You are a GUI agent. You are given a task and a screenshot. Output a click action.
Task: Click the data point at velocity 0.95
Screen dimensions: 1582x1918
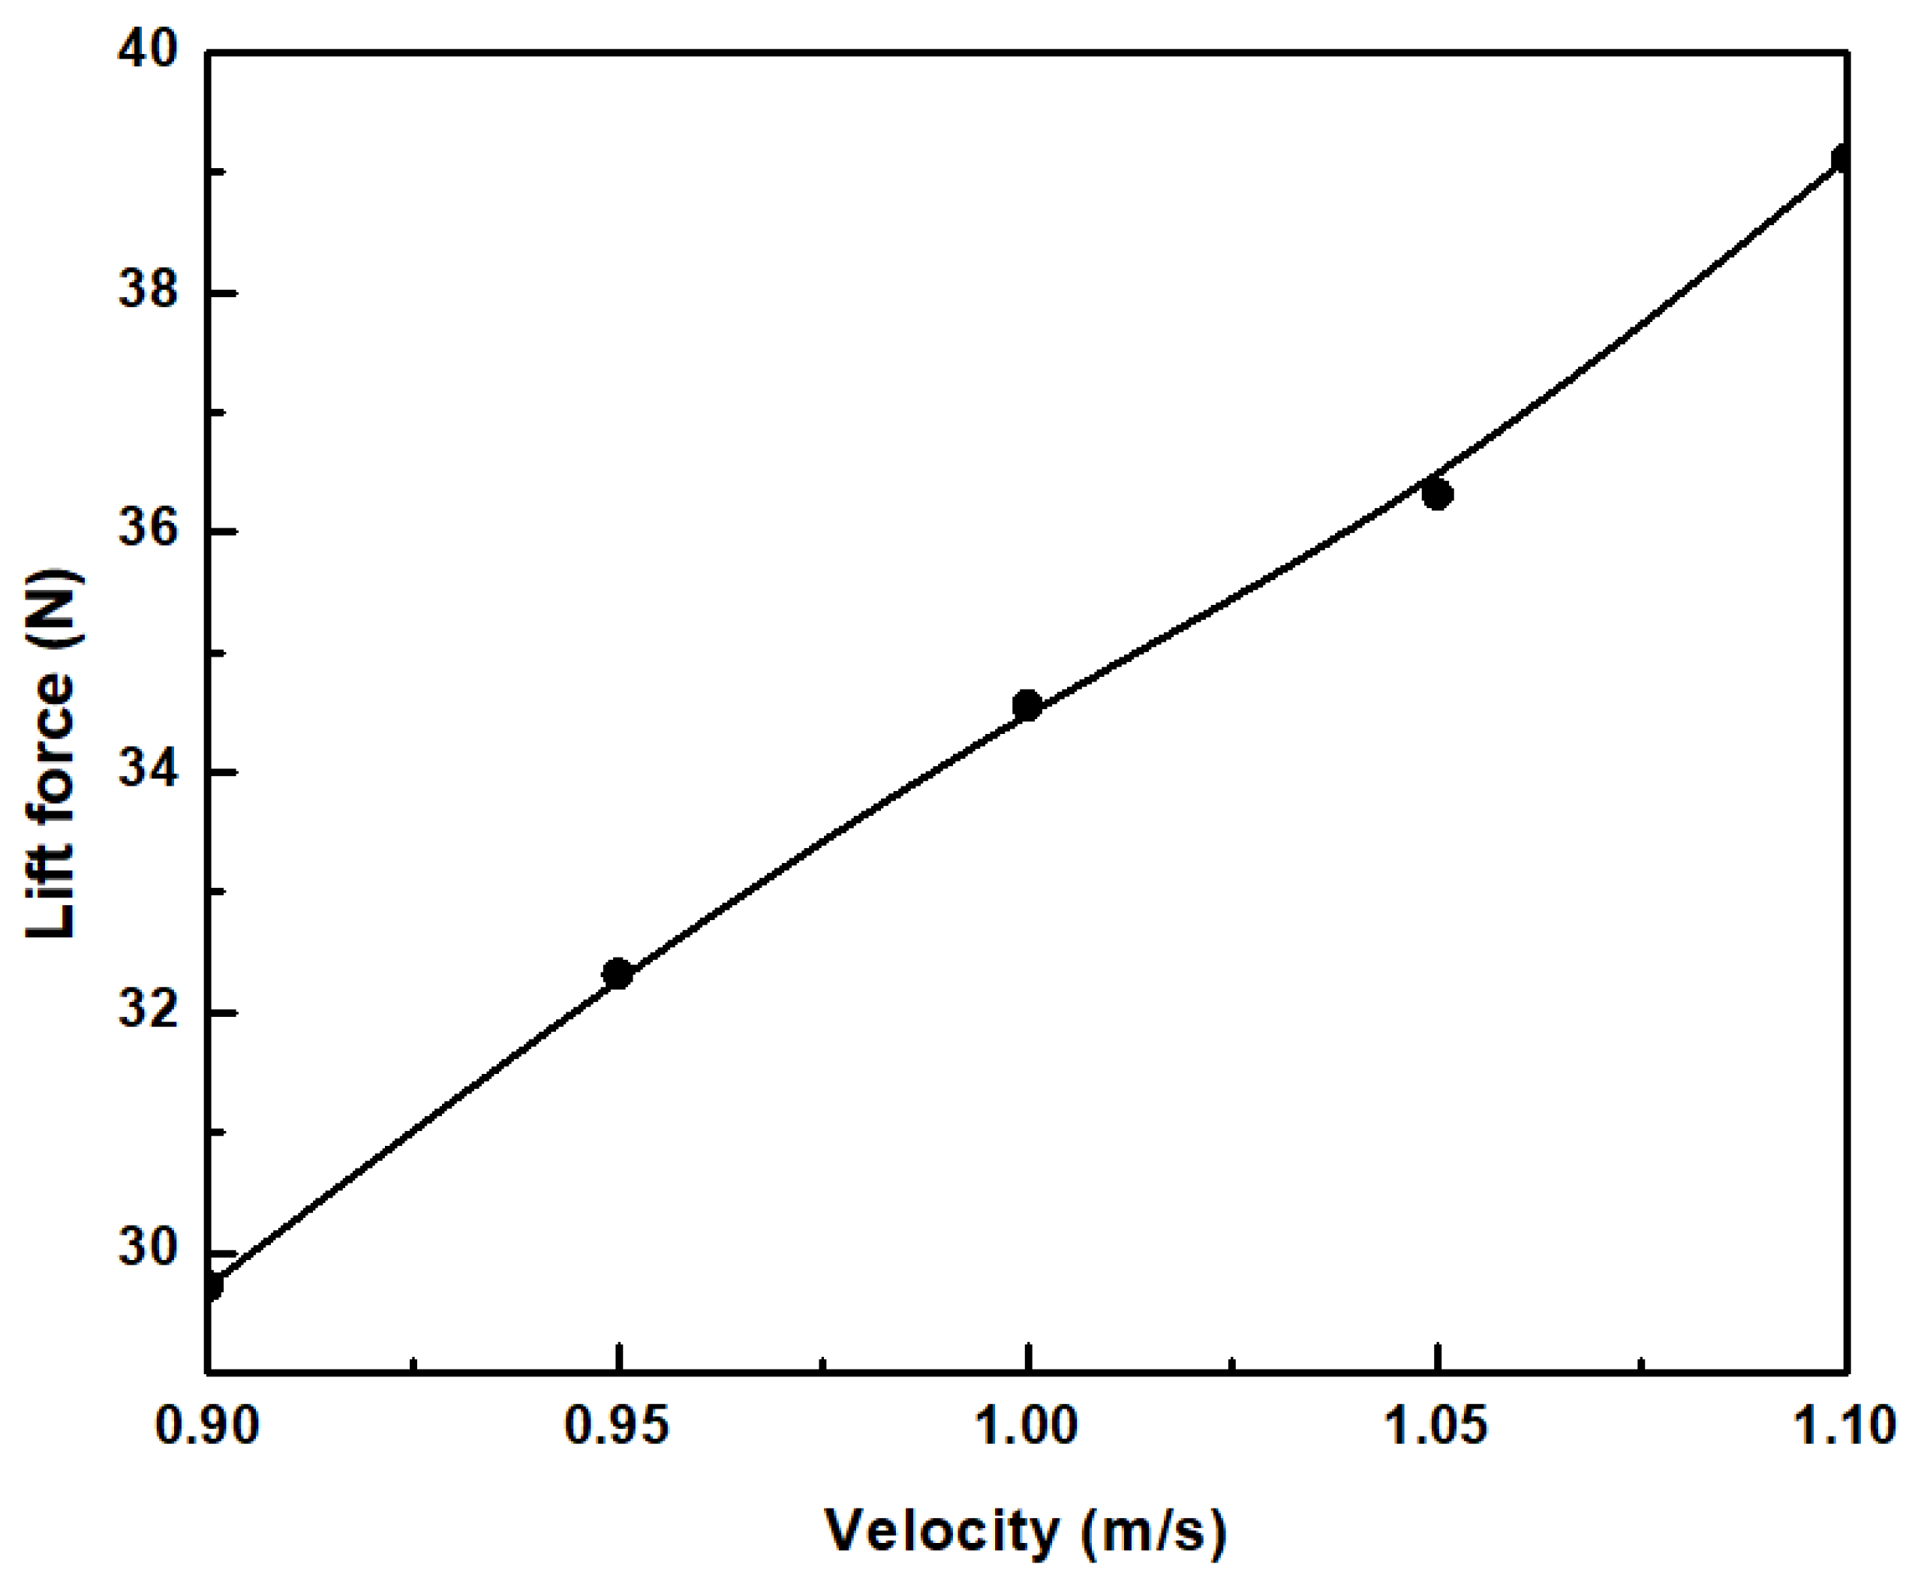pyautogui.click(x=618, y=973)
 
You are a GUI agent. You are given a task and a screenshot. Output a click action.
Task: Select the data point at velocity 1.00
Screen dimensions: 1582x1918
pyautogui.click(x=1027, y=705)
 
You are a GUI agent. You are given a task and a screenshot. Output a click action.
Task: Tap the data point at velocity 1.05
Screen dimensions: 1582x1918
pyautogui.click(x=1437, y=495)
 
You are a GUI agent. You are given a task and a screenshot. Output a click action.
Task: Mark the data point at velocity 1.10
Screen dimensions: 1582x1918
pyautogui.click(x=1841, y=158)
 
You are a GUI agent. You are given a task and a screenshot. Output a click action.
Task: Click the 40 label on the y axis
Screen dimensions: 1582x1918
pyautogui.click(x=146, y=52)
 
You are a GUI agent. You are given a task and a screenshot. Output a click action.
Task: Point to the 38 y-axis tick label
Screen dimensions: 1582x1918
pyautogui.click(x=146, y=293)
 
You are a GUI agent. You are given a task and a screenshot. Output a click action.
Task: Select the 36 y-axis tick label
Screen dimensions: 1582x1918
pyautogui.click(x=146, y=532)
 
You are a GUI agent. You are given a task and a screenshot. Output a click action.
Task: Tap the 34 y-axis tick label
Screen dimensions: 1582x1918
pyautogui.click(x=146, y=771)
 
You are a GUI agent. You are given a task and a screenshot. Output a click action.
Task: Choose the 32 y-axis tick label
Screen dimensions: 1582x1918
pyautogui.click(x=146, y=1012)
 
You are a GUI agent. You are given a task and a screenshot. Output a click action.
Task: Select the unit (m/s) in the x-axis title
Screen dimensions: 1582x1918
pyautogui.click(x=1154, y=1532)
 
